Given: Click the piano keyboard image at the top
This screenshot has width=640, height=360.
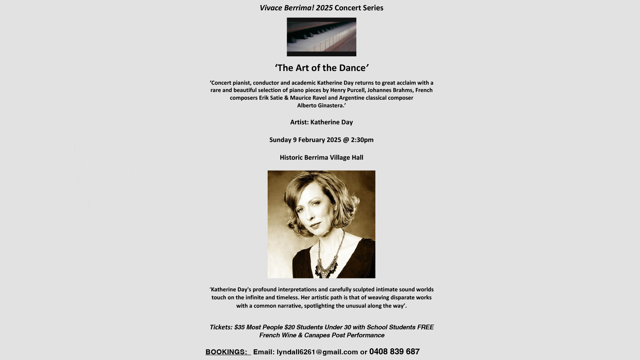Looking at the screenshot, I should [321, 37].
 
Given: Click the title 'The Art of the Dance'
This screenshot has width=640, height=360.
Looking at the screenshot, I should [322, 68].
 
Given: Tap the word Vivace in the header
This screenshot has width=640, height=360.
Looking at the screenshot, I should [271, 8].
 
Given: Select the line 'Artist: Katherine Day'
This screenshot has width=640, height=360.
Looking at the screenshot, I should [321, 122].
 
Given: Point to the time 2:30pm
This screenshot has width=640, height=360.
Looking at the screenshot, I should [362, 140].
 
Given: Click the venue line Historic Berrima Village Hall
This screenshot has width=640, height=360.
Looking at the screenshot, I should [321, 158].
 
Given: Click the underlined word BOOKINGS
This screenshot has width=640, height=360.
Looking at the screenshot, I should [226, 352].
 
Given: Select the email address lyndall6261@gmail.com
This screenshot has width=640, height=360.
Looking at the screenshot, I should [317, 352].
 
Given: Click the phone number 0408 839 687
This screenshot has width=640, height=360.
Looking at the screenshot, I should [394, 352].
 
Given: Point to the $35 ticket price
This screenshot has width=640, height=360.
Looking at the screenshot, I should [239, 327].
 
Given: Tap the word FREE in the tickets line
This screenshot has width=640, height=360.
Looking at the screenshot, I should [425, 327].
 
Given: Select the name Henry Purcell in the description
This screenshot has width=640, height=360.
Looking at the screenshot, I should [347, 90].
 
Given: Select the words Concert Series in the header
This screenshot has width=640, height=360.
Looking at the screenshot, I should [359, 8].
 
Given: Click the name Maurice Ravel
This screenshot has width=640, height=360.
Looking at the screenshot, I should [308, 98].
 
